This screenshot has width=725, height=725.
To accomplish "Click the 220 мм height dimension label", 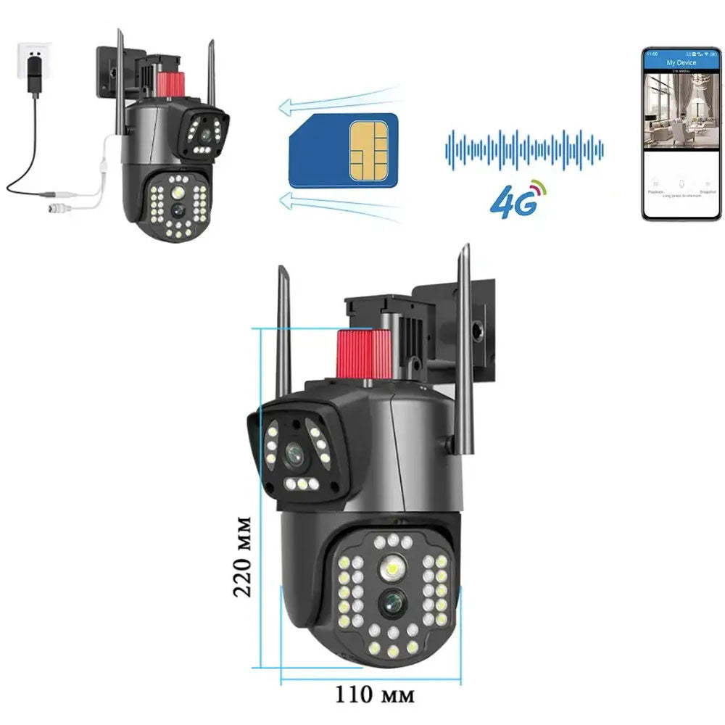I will (x=243, y=556).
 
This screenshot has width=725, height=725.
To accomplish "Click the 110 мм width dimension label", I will (x=375, y=695).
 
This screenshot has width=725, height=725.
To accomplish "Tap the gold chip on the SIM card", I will (x=368, y=151).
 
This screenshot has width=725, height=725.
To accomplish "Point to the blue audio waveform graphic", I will (x=523, y=150).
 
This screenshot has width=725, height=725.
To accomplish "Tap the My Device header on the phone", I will (x=680, y=63).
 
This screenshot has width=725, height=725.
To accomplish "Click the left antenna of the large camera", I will (x=283, y=330).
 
